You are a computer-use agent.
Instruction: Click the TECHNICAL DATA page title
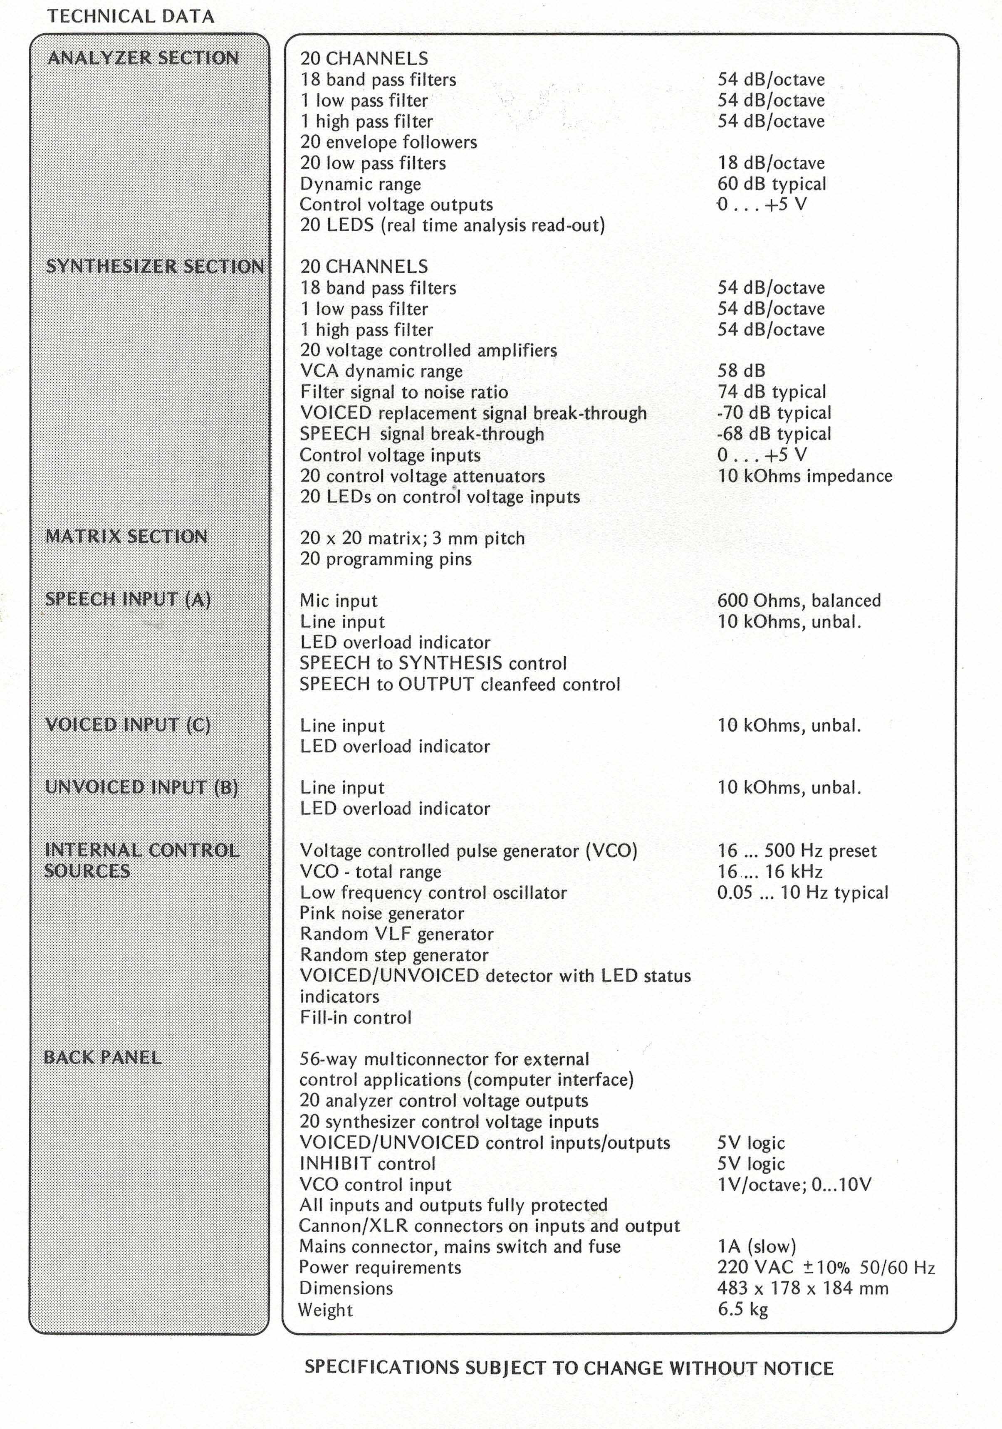point(131,16)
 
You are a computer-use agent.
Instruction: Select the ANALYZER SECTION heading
point(143,58)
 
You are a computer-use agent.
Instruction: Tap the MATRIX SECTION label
point(126,536)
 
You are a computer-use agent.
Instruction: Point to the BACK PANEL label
point(103,1057)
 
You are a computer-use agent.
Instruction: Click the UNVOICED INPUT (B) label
point(141,787)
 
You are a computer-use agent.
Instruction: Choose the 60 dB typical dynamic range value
point(772,184)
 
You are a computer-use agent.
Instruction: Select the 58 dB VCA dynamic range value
point(741,371)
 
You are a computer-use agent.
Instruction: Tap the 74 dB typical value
point(772,392)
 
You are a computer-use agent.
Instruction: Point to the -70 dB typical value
point(774,413)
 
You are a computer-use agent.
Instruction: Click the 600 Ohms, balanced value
point(799,601)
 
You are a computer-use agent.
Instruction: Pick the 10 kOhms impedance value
point(805,476)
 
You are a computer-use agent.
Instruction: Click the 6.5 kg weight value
point(742,1310)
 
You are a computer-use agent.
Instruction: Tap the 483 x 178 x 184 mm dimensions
point(803,1288)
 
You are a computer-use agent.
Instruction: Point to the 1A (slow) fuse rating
point(757,1247)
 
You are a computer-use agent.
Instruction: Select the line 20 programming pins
point(386,559)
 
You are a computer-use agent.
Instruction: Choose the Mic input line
point(339,601)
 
